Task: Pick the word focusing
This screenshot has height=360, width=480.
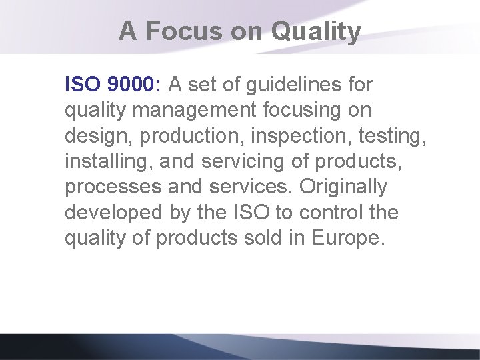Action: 303,111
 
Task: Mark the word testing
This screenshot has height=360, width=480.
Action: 391,136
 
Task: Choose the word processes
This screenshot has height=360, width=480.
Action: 113,187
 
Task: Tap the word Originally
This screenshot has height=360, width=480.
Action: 343,187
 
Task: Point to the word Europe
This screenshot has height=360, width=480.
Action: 349,238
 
